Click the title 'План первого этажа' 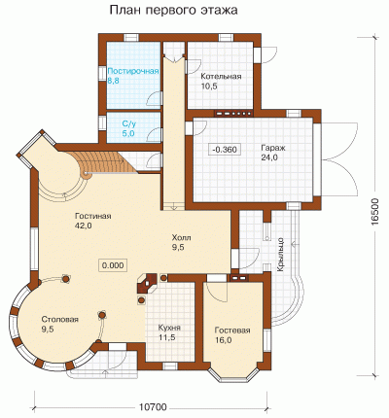coord(174,11)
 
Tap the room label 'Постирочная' coord(133,71)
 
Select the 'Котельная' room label coord(221,77)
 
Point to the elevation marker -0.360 coord(225,150)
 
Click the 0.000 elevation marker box coord(113,265)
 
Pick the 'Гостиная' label coord(93,216)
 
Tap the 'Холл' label coord(181,238)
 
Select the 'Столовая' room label coord(60,320)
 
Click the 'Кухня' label coord(169,328)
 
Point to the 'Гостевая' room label coord(232,331)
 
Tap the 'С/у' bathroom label coord(127,123)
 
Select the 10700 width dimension coord(153,407)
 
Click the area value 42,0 coord(84,226)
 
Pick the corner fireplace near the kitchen coord(146,284)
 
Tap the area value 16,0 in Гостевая coord(223,340)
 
